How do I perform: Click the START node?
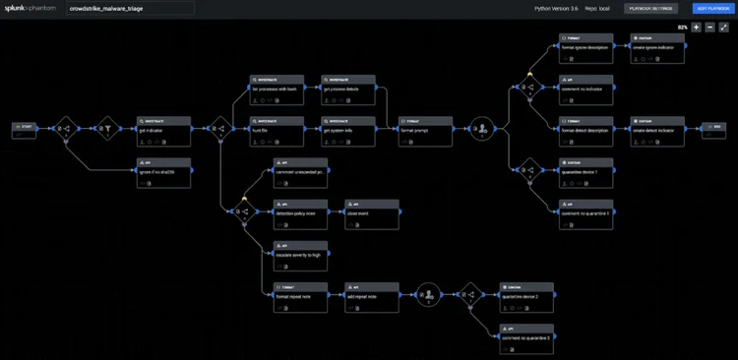click(26, 127)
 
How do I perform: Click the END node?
click(709, 127)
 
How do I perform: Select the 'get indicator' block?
click(163, 128)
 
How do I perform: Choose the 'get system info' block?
click(348, 128)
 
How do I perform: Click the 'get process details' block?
click(348, 87)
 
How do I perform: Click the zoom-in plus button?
click(696, 27)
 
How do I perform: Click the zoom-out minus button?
click(709, 27)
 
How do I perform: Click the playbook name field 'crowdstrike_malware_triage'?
click(130, 8)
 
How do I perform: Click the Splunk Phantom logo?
click(29, 8)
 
